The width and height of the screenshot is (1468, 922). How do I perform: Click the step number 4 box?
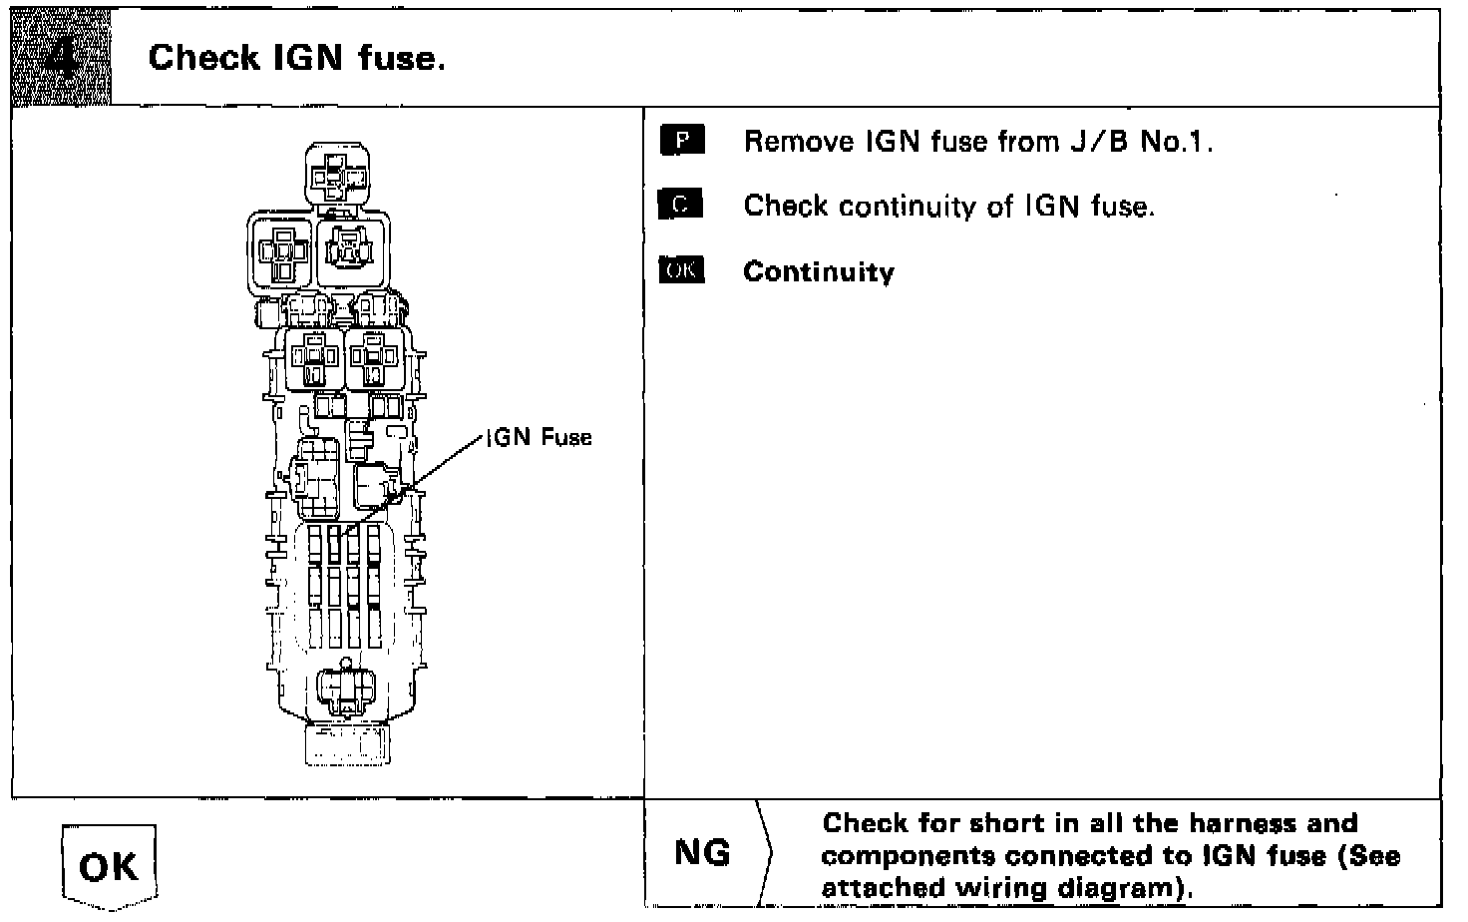pos(61,57)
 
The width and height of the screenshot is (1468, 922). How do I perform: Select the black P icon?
pos(682,141)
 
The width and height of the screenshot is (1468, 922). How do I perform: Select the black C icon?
pos(681,206)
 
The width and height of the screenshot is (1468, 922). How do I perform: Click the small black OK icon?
pos(681,270)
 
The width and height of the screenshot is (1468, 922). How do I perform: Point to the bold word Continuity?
pos(819,272)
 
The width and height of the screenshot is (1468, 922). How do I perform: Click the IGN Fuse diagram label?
pos(540,437)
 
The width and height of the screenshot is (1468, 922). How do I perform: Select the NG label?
pos(702,853)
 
